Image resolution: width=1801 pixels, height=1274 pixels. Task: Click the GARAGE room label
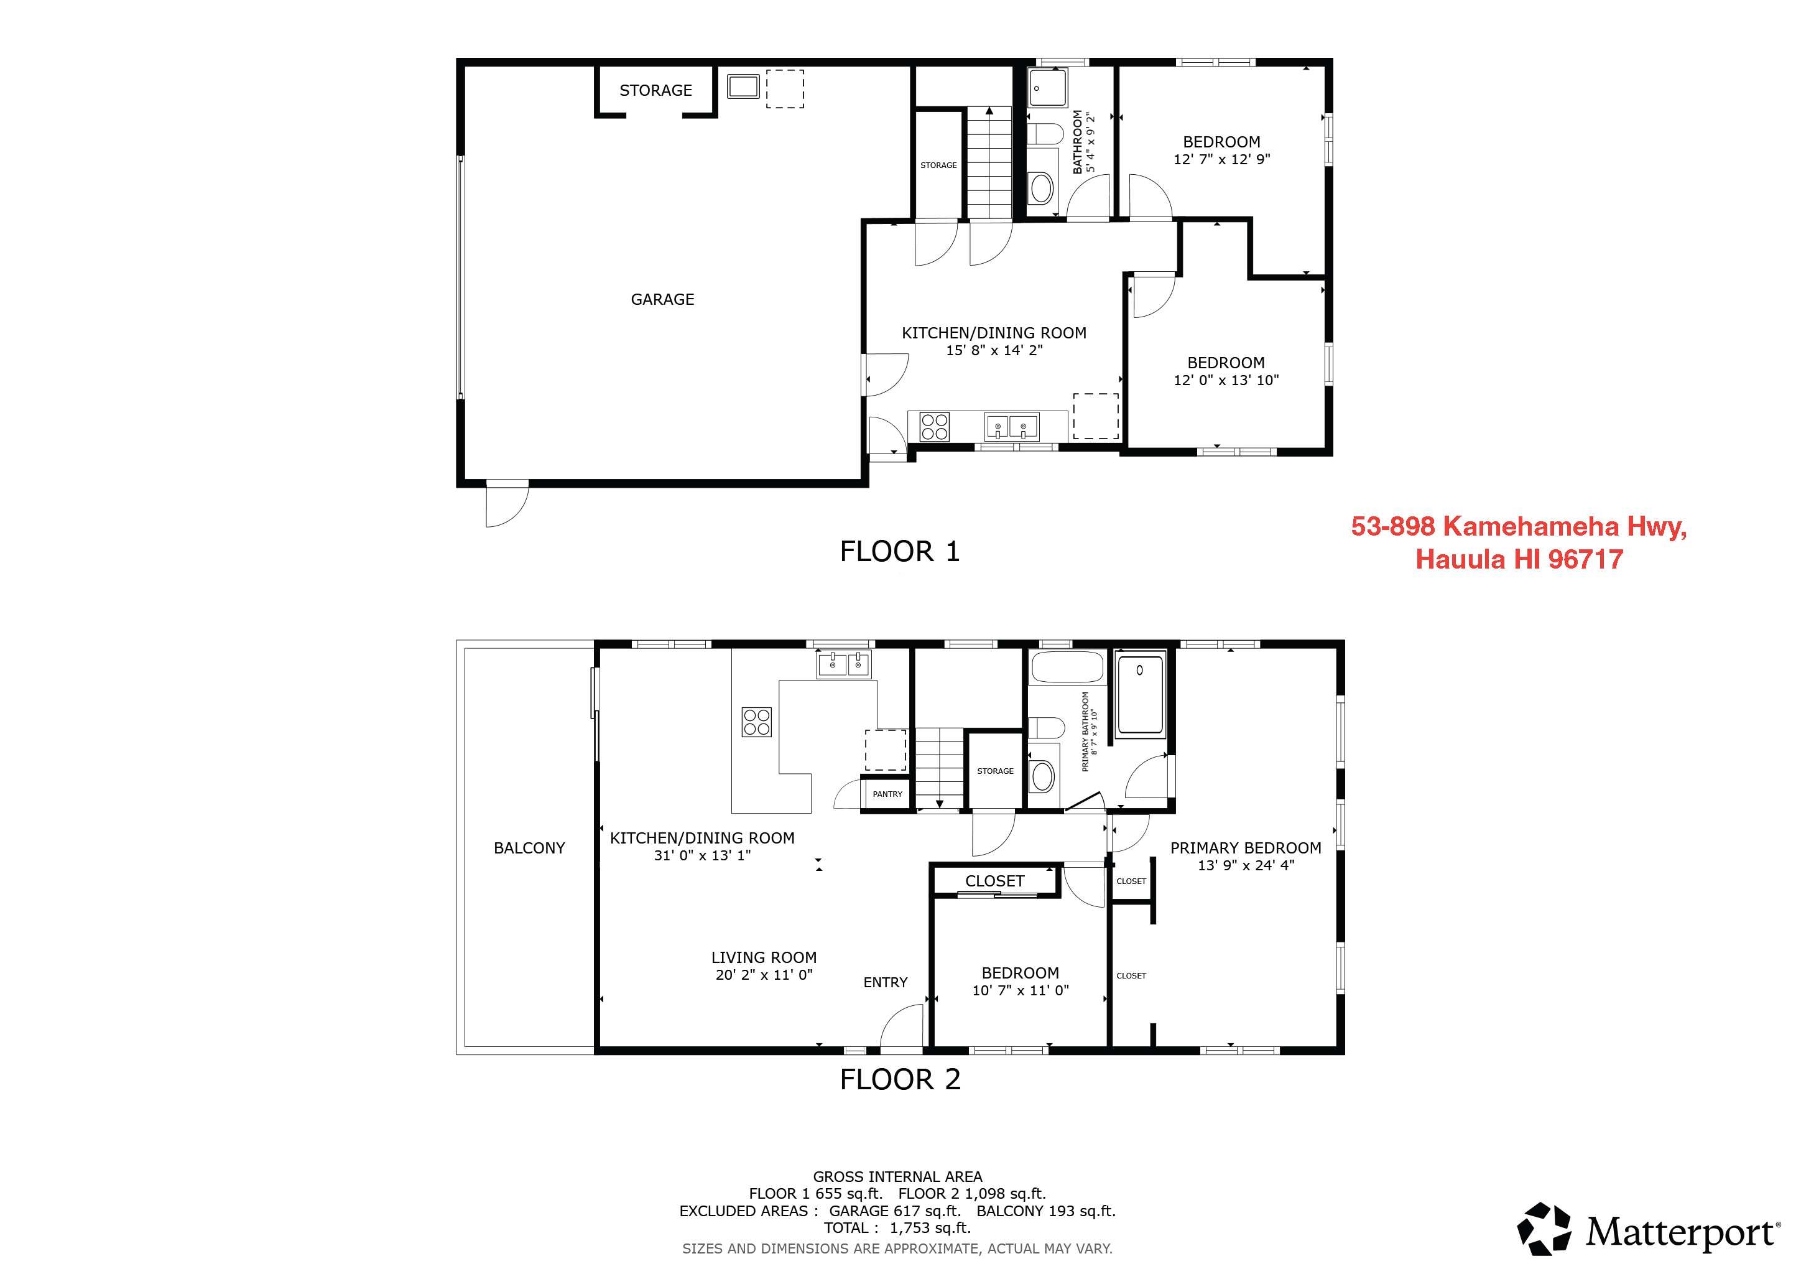(662, 299)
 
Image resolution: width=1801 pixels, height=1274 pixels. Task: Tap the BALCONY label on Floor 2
(529, 848)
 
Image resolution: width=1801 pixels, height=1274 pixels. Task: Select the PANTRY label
(887, 794)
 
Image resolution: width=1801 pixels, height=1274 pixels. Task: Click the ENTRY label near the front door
(885, 982)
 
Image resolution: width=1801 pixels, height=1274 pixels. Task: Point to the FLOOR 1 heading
(900, 552)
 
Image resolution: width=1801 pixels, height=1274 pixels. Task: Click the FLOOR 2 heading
(900, 1079)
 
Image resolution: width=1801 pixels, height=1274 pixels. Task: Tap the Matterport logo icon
(1544, 1229)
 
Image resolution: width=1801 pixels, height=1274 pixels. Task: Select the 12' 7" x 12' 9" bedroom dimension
(1221, 159)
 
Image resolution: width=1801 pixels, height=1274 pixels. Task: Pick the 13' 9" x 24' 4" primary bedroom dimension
(1246, 865)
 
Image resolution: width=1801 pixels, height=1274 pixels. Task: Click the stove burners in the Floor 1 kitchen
(934, 427)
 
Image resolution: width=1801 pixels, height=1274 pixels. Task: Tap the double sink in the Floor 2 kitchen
(843, 664)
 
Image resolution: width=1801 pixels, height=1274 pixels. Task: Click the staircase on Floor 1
(989, 163)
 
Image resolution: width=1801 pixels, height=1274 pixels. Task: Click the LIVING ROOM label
(763, 957)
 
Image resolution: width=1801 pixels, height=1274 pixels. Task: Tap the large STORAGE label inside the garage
(655, 90)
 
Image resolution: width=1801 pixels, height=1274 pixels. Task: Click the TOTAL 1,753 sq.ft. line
(897, 1228)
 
